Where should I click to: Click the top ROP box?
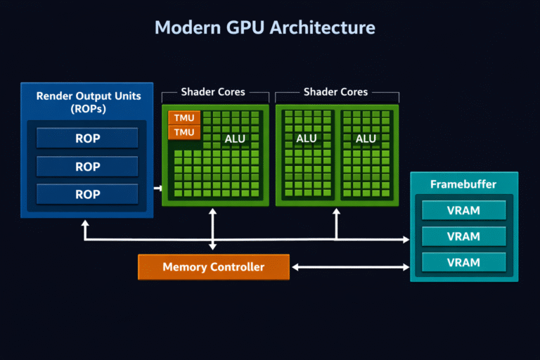(87, 139)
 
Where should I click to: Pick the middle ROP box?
(87, 167)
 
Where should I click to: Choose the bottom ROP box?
(87, 194)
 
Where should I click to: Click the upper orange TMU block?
(184, 118)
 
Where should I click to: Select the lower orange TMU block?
(184, 131)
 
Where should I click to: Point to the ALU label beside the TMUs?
(235, 139)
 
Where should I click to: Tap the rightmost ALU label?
(366, 139)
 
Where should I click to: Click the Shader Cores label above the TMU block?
(213, 92)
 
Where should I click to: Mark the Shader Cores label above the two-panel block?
(335, 92)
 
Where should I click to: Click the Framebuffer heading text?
(463, 184)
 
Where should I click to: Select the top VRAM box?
(463, 210)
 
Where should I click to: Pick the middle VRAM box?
(463, 236)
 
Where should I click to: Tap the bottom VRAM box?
(463, 262)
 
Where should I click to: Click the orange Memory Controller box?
(213, 267)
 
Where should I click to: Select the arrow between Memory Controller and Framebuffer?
(350, 267)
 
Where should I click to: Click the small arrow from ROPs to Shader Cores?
(157, 188)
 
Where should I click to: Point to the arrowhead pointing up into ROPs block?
(85, 224)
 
